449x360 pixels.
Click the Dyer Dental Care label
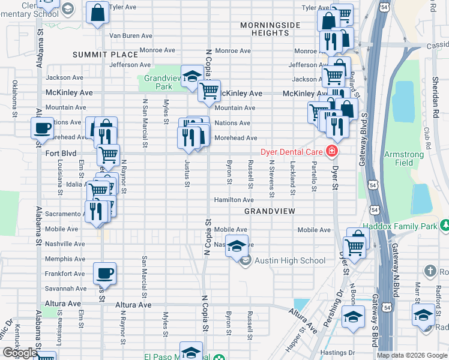pyautogui.click(x=292, y=152)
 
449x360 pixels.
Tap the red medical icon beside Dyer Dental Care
pyautogui.click(x=331, y=151)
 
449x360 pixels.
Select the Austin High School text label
pyautogui.click(x=291, y=260)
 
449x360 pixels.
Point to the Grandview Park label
pyautogui.click(x=158, y=83)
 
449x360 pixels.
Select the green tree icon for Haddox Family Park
pyautogui.click(x=444, y=226)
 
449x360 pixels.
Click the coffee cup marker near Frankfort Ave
pyautogui.click(x=104, y=273)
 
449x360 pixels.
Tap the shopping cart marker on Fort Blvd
pyautogui.click(x=108, y=155)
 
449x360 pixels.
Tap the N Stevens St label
pyautogui.click(x=271, y=178)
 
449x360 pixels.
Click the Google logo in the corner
pyautogui.click(x=19, y=353)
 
